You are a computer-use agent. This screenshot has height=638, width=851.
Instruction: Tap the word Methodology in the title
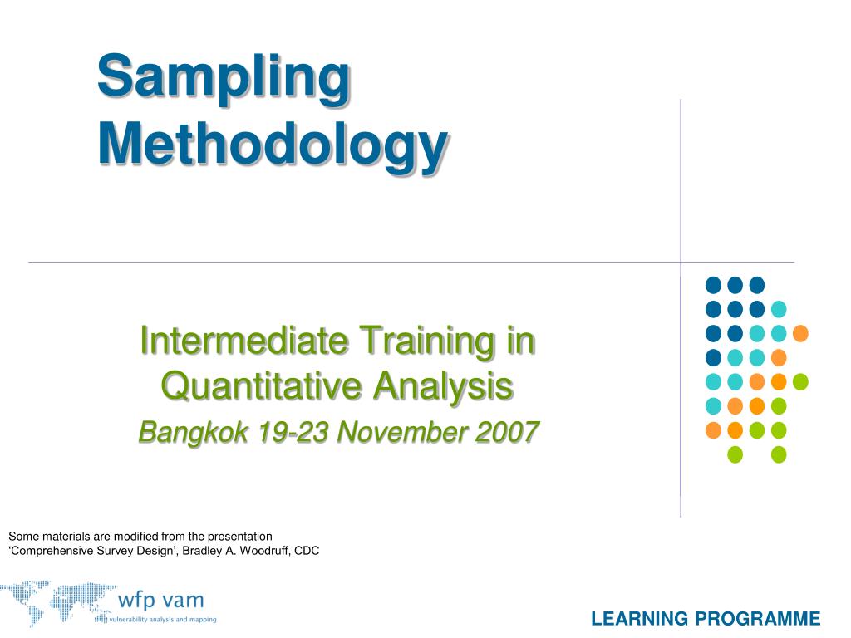(x=273, y=146)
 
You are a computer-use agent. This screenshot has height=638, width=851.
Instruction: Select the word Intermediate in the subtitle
(x=244, y=341)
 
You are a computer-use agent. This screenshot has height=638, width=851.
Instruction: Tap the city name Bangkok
(x=193, y=433)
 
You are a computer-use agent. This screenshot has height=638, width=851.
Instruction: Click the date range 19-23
(x=293, y=432)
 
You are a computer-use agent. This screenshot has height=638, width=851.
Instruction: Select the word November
(x=403, y=432)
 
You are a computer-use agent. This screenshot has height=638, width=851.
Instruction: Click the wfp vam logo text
(x=160, y=600)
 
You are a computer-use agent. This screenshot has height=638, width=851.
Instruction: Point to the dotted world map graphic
(x=57, y=602)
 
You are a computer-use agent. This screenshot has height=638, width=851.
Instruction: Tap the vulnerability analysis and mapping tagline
(x=163, y=620)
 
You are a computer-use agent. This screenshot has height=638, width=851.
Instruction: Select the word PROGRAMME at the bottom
(x=758, y=619)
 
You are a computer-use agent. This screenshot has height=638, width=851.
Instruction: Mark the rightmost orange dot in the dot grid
(x=800, y=333)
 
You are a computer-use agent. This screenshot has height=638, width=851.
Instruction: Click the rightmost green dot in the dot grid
(x=800, y=382)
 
